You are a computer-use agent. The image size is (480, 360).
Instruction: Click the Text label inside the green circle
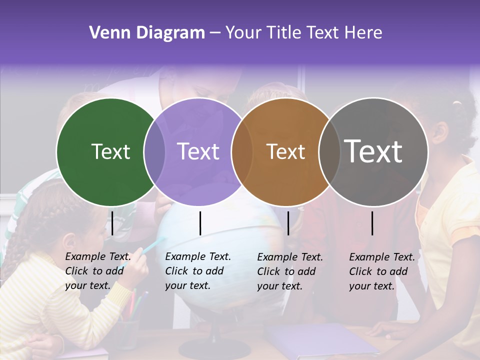click(x=110, y=151)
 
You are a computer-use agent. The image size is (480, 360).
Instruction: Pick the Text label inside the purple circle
click(x=198, y=151)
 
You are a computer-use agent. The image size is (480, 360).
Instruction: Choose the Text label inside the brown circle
click(x=285, y=151)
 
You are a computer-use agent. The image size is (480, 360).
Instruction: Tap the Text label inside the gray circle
click(x=373, y=151)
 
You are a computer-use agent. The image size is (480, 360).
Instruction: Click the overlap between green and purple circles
click(x=154, y=151)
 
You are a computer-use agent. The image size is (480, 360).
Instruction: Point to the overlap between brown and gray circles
click(x=329, y=151)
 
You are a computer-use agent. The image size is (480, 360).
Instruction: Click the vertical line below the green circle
click(x=112, y=223)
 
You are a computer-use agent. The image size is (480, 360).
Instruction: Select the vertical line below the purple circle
click(x=200, y=223)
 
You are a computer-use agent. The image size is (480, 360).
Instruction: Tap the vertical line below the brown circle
click(x=288, y=223)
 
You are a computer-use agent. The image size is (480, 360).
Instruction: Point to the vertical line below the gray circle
click(x=372, y=223)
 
